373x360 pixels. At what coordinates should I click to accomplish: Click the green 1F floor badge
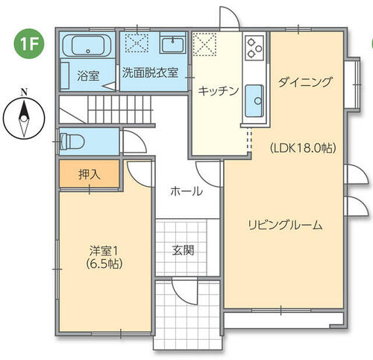coord(29,43)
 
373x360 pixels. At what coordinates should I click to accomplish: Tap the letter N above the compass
coord(24,93)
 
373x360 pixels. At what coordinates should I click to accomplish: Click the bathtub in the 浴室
coord(87,46)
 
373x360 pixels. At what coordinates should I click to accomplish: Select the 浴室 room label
coord(88,75)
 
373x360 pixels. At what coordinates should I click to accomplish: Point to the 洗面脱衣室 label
coord(150,72)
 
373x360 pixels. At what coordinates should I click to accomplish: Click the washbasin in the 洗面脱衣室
coord(173,45)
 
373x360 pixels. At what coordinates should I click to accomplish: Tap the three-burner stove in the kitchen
coord(254,47)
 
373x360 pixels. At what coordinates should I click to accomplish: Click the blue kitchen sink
coord(254,101)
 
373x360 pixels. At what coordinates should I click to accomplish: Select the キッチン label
coord(219,91)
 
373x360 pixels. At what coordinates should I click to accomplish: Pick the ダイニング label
coord(305,82)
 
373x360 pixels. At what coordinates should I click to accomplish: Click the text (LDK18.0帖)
coord(303,149)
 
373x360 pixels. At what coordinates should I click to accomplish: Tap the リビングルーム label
coord(285,225)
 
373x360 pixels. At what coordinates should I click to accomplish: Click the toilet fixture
coord(72,141)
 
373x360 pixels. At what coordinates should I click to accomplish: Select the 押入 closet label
coord(90,174)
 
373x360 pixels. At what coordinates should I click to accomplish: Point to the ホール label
coord(186,191)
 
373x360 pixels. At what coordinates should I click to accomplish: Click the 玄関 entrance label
coord(184,250)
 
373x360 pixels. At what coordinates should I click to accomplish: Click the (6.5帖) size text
coord(104,264)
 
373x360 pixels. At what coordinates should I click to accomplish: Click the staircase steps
coord(119,110)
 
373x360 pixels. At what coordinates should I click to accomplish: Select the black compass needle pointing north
coord(24,110)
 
